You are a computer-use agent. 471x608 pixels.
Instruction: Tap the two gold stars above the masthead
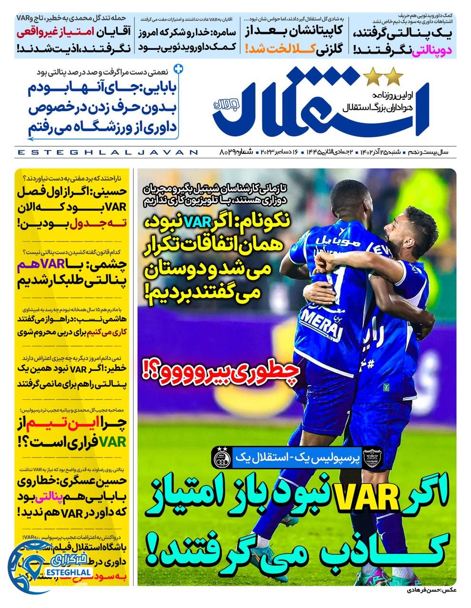point(383,75)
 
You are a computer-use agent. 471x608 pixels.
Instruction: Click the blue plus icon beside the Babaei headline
point(178,69)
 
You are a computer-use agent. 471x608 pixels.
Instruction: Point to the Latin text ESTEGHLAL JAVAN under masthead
point(108,152)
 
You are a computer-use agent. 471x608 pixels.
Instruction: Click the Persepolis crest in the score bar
point(373,459)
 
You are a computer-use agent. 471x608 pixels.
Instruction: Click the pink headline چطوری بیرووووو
point(219,369)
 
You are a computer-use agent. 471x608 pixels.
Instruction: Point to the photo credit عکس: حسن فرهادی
point(431,590)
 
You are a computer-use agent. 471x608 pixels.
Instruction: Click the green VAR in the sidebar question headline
point(115,441)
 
